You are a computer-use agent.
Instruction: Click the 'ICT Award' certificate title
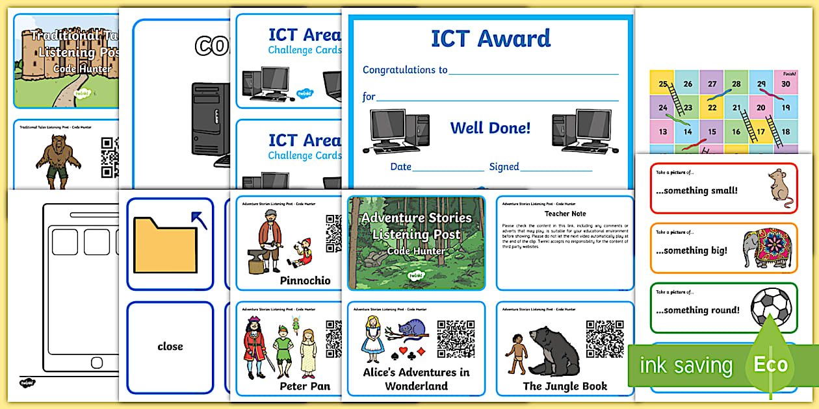[x=491, y=38]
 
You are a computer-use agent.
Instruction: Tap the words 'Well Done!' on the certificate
[x=490, y=128]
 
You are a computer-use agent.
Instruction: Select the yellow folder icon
[x=165, y=244]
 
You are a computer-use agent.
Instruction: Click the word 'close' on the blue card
[x=170, y=346]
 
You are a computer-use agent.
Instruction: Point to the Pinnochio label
[x=305, y=280]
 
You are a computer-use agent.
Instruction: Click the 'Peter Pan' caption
[x=305, y=386]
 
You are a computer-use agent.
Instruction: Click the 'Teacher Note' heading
[x=565, y=213]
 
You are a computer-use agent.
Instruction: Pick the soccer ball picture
[x=771, y=306]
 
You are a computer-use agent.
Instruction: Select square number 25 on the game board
[x=662, y=84]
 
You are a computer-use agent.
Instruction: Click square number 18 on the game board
[x=785, y=132]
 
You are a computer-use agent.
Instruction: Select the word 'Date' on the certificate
[x=400, y=167]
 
